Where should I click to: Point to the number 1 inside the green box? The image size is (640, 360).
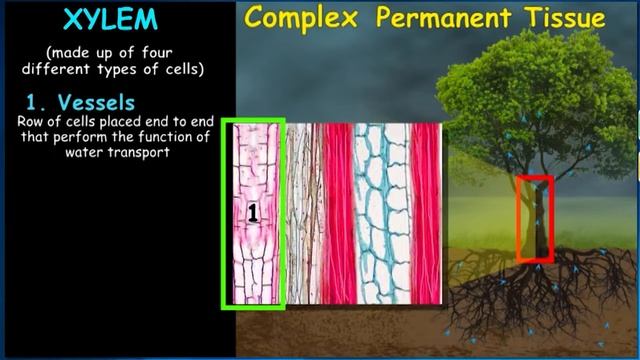click(x=254, y=211)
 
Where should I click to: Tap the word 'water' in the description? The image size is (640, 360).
click(x=86, y=153)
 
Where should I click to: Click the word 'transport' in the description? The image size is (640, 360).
click(x=140, y=153)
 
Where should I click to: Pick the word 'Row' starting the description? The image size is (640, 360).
click(x=29, y=121)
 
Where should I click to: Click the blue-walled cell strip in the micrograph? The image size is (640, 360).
click(x=378, y=215)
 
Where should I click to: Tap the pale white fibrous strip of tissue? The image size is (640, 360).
click(x=304, y=215)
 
